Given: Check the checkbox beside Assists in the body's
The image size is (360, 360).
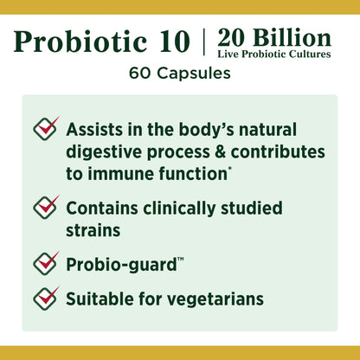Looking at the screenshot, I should pyautogui.click(x=46, y=128).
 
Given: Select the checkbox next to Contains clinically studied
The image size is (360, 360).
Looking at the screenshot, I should pyautogui.click(x=46, y=207).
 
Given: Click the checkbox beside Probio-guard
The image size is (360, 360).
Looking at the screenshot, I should pyautogui.click(x=46, y=260).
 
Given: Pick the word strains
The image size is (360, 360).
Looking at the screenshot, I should pyautogui.click(x=93, y=231).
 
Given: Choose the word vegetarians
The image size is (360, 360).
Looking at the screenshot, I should pyautogui.click(x=212, y=300).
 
